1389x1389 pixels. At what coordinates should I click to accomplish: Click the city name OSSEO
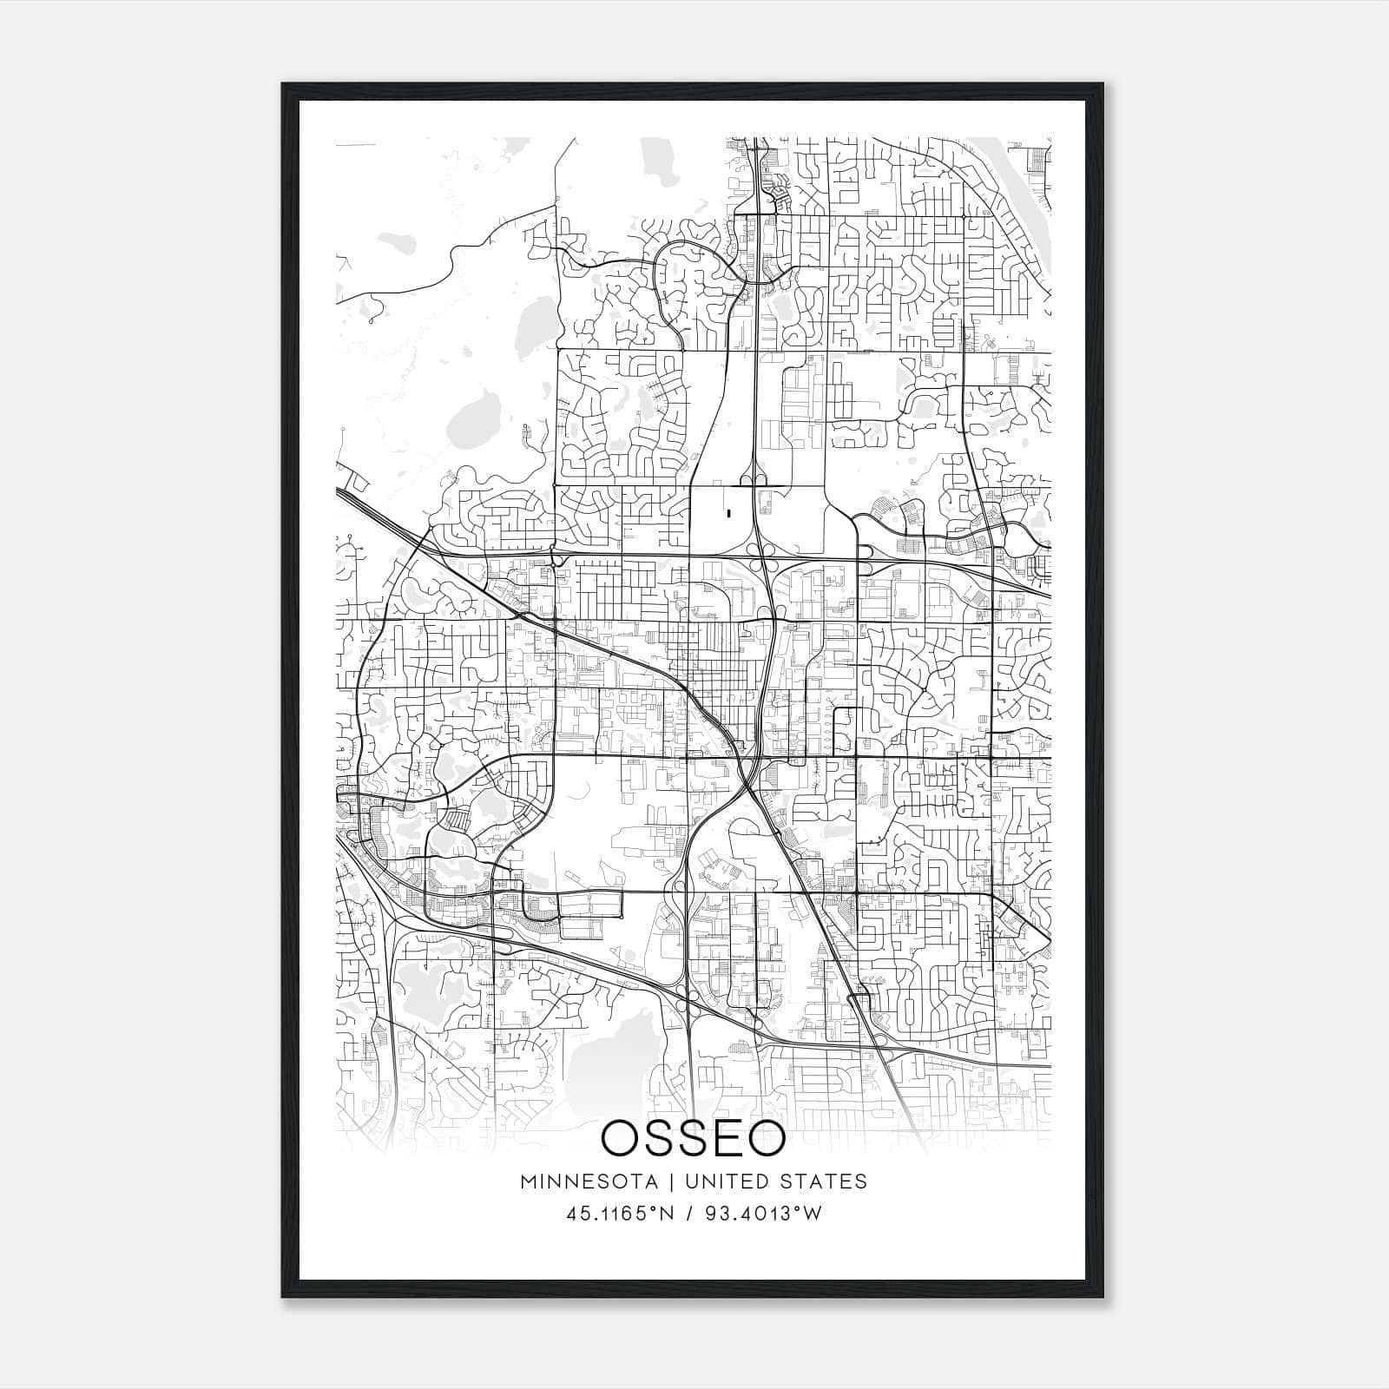693,1139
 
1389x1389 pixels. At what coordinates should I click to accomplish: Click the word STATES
828,1182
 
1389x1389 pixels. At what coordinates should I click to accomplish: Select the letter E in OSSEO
727,1139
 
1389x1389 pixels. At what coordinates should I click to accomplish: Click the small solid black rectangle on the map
728,513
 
